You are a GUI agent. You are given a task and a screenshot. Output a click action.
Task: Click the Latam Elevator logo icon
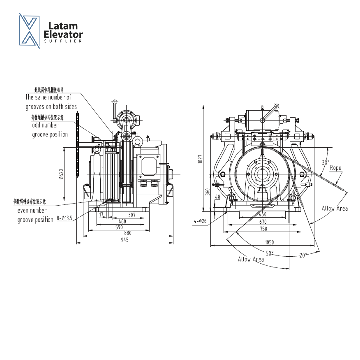[x=29, y=31]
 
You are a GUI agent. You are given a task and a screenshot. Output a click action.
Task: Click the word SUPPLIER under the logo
[x=63, y=41]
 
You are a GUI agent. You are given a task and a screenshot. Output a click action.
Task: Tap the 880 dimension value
[x=127, y=233]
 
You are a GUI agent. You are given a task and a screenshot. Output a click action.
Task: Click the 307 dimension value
[x=132, y=215]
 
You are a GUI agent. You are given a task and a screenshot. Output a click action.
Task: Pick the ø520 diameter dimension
[x=61, y=174]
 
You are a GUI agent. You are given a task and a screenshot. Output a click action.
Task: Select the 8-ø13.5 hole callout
[x=64, y=218]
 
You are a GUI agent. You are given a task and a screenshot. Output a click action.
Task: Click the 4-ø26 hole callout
[x=200, y=221]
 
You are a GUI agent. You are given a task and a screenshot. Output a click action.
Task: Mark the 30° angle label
[x=326, y=163]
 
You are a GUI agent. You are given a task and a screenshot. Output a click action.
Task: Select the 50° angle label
[x=269, y=253]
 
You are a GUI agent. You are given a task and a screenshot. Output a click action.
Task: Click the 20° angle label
[x=303, y=255]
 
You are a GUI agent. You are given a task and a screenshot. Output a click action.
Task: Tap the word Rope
[x=335, y=168]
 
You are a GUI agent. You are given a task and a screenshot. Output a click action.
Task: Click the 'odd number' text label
[x=45, y=125]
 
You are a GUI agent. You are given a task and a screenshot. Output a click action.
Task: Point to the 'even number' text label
[x=32, y=210]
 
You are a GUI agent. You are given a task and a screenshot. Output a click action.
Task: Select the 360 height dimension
[x=207, y=193]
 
